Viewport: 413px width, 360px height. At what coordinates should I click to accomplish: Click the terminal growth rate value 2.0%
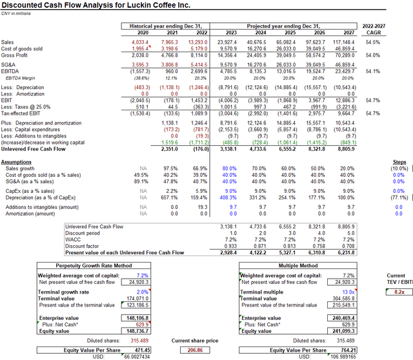(142, 291)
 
